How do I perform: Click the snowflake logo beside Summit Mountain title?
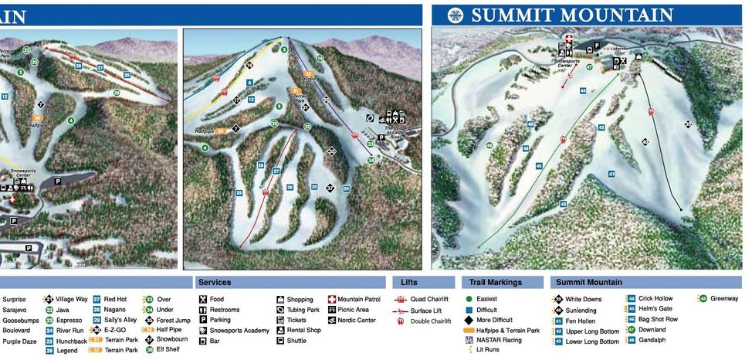(456, 15)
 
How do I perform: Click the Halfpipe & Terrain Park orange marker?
(470, 329)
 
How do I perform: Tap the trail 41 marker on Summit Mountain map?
(611, 175)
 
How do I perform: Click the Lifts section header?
(409, 283)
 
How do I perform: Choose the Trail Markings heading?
(496, 283)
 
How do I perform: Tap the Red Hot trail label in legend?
(115, 299)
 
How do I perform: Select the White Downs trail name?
(583, 299)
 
